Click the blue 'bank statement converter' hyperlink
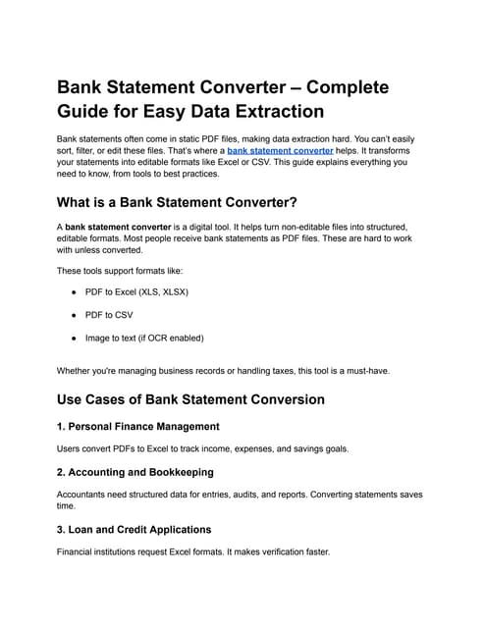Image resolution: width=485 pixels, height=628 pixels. point(280,151)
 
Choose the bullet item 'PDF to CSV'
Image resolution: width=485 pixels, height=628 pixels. point(109,315)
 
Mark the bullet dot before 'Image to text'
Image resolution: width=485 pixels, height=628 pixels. point(75,338)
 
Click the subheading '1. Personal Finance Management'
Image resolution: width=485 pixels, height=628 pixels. point(138,426)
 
